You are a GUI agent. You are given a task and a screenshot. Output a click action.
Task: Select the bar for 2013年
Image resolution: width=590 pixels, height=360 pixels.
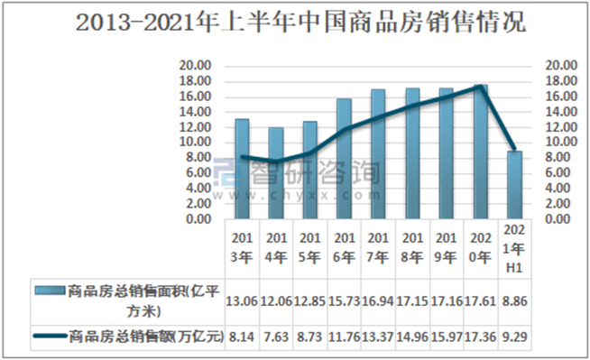(242, 169)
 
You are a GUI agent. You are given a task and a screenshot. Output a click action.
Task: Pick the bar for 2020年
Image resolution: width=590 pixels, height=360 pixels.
(480, 152)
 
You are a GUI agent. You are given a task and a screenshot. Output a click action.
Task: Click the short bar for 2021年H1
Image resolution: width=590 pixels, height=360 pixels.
(514, 185)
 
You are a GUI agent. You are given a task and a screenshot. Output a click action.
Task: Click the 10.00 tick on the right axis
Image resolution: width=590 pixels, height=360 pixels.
(562, 142)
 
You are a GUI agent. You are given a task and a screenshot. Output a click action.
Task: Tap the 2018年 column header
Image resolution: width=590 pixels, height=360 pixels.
(411, 249)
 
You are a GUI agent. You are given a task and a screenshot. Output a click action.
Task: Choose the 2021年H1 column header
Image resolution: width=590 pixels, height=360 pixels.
(514, 249)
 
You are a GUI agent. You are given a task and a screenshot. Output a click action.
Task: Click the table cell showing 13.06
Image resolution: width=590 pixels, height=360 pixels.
(241, 299)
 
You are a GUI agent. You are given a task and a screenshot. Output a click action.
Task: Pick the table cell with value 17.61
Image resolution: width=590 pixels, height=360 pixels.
(480, 299)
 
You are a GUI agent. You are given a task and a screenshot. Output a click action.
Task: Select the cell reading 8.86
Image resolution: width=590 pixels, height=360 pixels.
(514, 299)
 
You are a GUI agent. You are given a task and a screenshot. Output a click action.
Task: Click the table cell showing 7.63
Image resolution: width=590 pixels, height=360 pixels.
(275, 337)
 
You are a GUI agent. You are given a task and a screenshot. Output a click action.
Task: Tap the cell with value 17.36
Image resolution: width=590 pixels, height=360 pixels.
(480, 337)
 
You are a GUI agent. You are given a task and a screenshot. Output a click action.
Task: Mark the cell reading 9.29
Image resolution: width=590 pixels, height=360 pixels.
(514, 337)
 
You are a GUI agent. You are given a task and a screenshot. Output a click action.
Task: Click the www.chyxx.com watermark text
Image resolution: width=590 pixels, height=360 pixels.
(307, 192)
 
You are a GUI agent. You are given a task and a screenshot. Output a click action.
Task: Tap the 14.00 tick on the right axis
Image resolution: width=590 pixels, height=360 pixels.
(562, 111)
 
